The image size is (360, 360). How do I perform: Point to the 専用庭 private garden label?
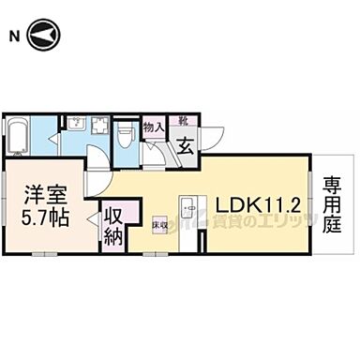tap(333, 205)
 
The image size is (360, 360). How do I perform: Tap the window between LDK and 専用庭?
tap(309, 205)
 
